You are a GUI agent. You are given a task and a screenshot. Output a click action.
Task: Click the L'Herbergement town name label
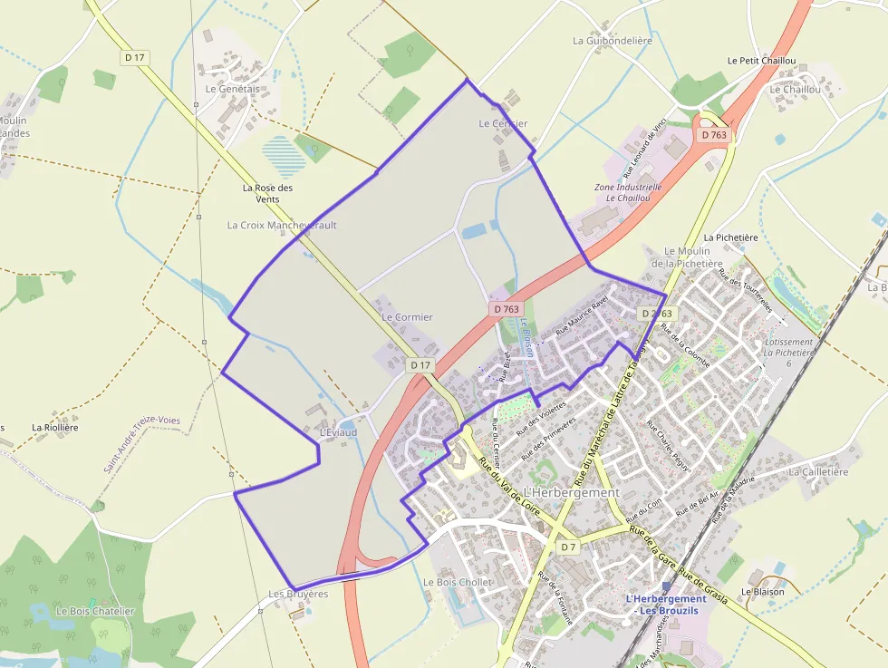[x=572, y=492]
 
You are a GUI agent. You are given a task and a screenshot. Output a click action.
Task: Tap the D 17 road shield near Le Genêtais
[x=135, y=57]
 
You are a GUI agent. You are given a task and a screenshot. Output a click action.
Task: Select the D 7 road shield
[x=568, y=547]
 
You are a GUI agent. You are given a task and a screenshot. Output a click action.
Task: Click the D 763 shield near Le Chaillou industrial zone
[x=714, y=135]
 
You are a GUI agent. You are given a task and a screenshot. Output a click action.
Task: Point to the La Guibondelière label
[x=613, y=41]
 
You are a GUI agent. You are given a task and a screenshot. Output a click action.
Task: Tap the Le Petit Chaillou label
[x=762, y=61]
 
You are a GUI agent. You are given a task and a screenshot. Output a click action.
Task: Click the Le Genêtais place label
[x=233, y=89]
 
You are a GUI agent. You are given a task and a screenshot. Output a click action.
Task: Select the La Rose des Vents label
[x=268, y=193]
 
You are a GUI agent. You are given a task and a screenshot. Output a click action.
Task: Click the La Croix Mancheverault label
[x=282, y=225]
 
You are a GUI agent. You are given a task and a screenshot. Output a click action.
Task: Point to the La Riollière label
[x=55, y=427]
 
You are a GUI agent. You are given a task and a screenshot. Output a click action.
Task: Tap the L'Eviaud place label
[x=338, y=433]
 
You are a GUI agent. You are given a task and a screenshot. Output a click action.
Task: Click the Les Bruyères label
[x=298, y=595]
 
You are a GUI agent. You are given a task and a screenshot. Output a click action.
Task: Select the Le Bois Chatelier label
[x=95, y=611]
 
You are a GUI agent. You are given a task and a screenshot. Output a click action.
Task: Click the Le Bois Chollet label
[x=458, y=582]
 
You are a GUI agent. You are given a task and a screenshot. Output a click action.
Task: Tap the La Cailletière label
[x=818, y=472]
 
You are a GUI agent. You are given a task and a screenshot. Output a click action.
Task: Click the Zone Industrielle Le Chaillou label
[x=628, y=192]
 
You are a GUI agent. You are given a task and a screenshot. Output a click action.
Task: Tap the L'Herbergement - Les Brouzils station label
[x=666, y=605]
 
